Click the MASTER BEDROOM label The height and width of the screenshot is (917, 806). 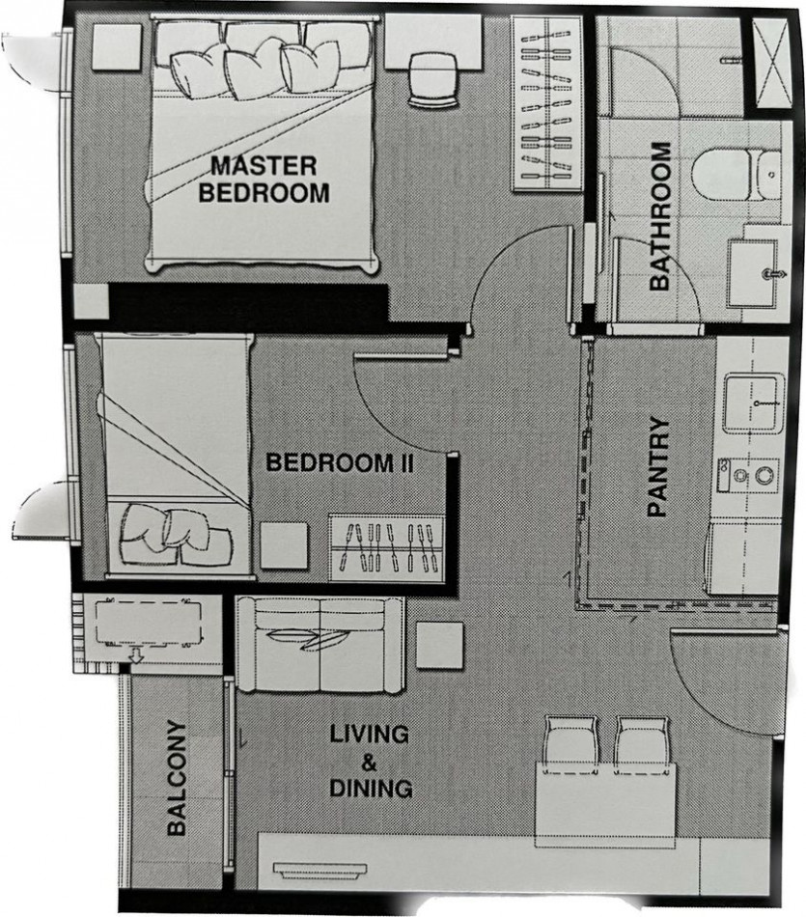tap(264, 179)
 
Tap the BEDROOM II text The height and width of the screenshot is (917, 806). tap(341, 463)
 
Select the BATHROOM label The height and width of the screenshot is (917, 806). tap(660, 216)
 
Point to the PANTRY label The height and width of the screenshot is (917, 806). tap(658, 466)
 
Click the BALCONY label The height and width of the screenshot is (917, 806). tap(176, 778)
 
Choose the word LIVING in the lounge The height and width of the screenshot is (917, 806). tap(370, 734)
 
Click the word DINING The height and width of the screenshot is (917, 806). tap(371, 789)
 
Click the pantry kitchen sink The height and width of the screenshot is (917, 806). tap(754, 403)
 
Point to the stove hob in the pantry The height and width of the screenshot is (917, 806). tap(749, 476)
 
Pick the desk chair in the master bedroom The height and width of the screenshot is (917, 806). tap(433, 80)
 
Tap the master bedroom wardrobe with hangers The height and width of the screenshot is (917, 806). tap(547, 103)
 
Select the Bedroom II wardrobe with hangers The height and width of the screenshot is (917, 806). tap(387, 548)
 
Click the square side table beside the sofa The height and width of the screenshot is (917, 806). tap(440, 645)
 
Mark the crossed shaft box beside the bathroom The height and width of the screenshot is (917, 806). tap(771, 63)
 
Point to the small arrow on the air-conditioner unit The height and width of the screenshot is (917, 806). tap(136, 654)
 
